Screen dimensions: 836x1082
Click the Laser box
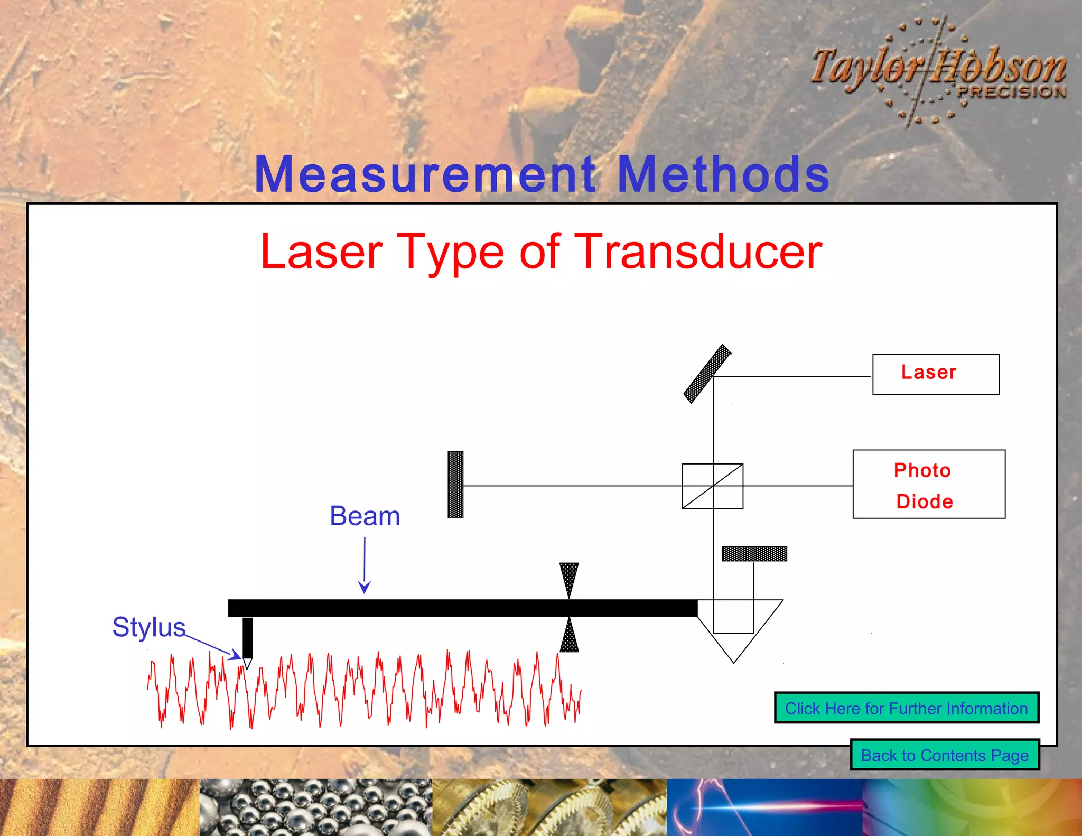(936, 374)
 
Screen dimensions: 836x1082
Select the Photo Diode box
(929, 484)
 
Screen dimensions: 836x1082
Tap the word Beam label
(365, 516)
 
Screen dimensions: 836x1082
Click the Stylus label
(148, 627)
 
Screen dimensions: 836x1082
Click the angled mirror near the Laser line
(707, 374)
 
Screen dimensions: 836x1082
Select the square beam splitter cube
(712, 486)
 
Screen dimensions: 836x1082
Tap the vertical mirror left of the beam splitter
(455, 484)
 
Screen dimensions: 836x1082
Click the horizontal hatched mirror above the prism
(754, 554)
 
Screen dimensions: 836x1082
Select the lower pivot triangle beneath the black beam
(569, 636)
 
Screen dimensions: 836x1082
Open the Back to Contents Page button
(945, 755)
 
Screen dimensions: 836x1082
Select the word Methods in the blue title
(723, 174)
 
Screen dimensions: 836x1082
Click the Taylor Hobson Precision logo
(938, 71)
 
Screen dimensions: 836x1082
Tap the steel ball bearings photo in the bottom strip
(315, 807)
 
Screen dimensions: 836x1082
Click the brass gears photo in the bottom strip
(549, 807)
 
